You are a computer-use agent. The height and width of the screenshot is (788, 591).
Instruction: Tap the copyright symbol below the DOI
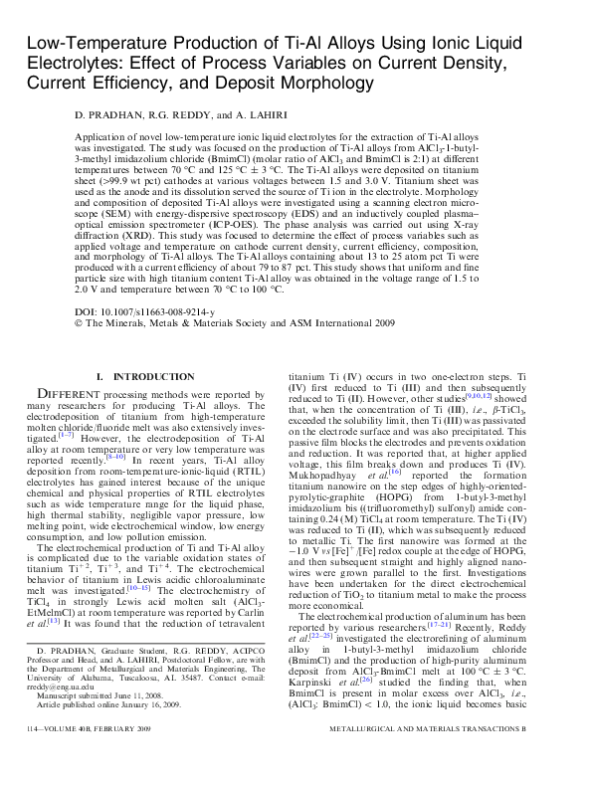pyautogui.click(x=79, y=323)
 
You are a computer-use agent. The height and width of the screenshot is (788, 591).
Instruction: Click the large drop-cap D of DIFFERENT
pyautogui.click(x=45, y=396)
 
